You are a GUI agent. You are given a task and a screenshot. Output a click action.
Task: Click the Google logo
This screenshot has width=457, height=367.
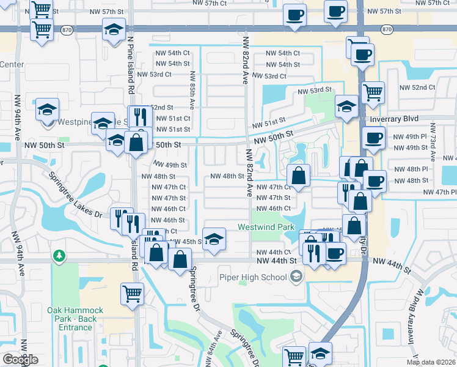click(20, 360)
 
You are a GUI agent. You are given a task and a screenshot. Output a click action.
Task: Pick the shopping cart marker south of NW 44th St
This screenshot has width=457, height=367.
click(132, 294)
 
